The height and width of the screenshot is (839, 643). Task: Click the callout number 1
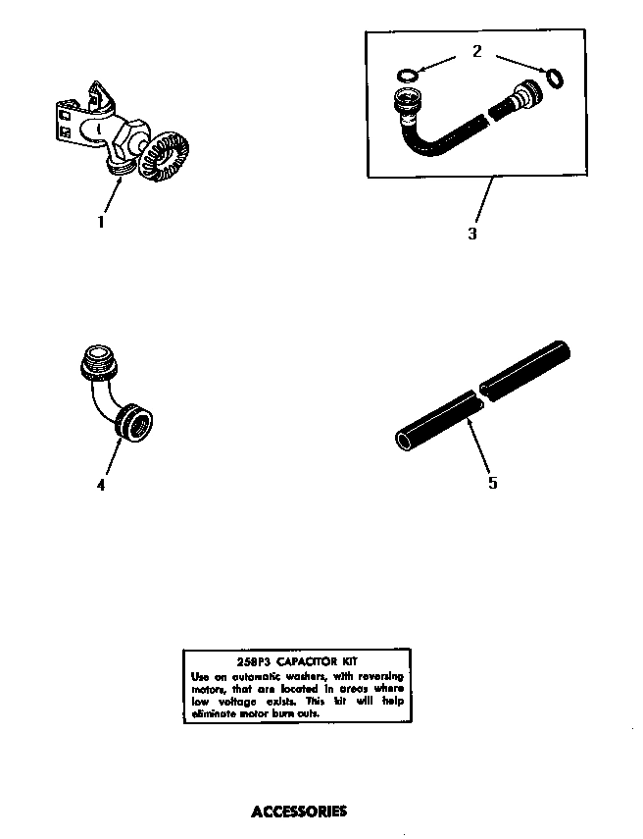100,222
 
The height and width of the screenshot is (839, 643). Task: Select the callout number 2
477,51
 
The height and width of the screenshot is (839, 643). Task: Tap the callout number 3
472,235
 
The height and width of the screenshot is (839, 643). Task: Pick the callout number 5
492,483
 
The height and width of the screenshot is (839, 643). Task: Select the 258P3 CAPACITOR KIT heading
297,662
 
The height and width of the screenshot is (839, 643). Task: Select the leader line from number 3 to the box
480,201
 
